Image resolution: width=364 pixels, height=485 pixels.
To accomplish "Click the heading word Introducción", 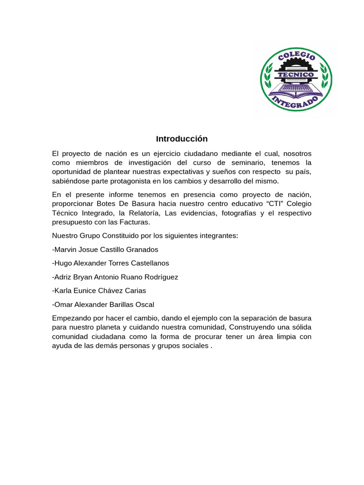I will click(182, 139).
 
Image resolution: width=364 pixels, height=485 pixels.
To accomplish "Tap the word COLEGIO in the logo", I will click(296, 59).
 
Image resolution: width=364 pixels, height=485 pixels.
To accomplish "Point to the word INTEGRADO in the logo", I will click(296, 101).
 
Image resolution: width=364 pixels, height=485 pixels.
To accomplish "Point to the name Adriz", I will click(64, 277).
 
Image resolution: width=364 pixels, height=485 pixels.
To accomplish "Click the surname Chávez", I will click(109, 290).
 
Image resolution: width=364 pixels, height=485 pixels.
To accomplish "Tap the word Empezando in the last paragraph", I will click(70, 318).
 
